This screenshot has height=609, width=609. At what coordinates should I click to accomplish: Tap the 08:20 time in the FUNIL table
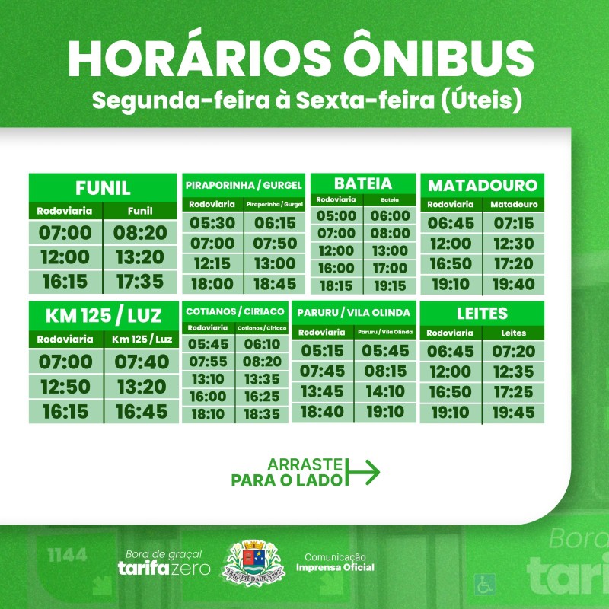140,233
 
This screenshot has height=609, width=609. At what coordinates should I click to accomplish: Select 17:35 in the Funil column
140,282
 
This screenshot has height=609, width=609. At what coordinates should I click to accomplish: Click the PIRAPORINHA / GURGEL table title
244,185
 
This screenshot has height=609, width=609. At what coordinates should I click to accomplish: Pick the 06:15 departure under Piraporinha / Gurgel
275,223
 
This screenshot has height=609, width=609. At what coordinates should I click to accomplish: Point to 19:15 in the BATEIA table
390,286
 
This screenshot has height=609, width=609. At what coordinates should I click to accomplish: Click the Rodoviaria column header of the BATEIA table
336,199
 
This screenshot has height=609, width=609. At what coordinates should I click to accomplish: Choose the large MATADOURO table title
483,186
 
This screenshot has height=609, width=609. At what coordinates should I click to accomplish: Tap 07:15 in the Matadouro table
513,223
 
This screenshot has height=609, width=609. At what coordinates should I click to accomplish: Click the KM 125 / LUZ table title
104,316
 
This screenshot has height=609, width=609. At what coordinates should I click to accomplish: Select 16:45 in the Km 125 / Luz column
142,412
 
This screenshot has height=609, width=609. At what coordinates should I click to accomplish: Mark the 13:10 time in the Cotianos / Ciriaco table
208,379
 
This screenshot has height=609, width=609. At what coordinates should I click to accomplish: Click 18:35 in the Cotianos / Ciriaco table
262,414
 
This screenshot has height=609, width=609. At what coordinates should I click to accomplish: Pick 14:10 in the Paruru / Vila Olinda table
385,391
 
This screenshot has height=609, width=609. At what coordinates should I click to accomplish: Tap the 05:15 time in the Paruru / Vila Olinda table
322,351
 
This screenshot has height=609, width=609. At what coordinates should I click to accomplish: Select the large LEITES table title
482,314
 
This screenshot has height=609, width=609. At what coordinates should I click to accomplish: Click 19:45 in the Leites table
513,413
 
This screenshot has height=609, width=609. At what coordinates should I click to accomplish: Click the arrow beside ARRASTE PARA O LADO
362,472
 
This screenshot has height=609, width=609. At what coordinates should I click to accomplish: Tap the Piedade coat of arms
253,563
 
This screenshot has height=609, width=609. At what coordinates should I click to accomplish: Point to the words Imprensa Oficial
335,567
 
